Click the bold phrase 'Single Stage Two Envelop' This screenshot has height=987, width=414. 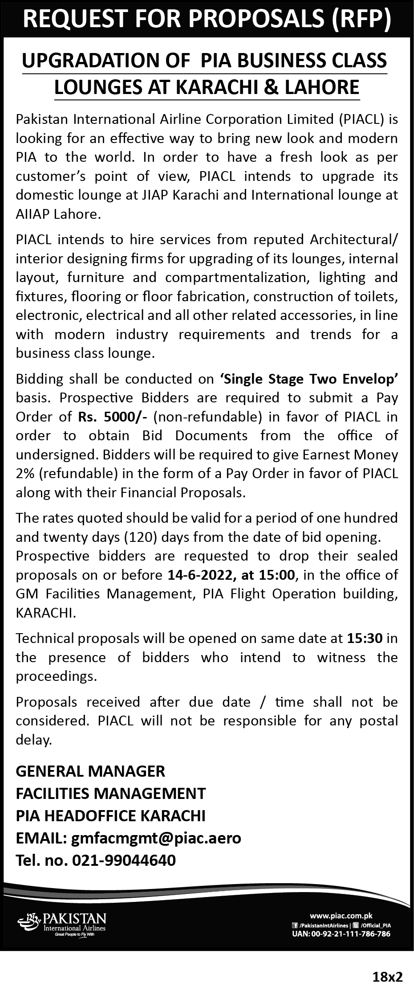point(308,379)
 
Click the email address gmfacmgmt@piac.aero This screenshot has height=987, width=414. point(156,838)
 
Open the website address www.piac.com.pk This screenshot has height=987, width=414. point(341,916)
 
